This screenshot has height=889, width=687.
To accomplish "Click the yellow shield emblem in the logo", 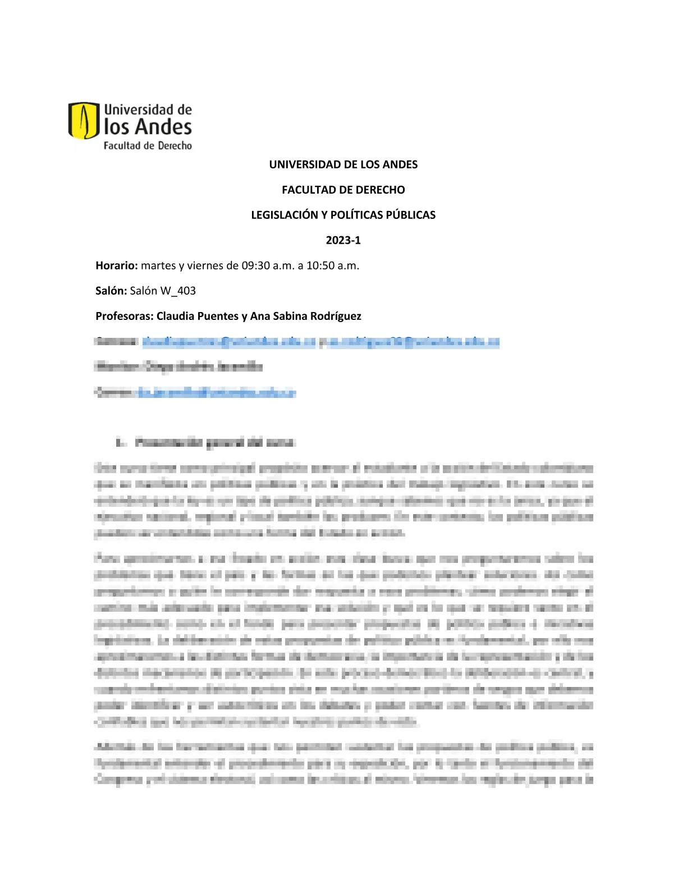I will pyautogui.click(x=84, y=120).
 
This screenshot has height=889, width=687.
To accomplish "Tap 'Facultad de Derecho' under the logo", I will pyautogui.click(x=148, y=146).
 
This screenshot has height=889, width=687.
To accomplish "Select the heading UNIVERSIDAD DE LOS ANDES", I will pyautogui.click(x=343, y=164).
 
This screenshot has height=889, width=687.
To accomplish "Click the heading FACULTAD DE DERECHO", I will pyautogui.click(x=343, y=190).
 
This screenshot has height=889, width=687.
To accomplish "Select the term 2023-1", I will pyautogui.click(x=343, y=240).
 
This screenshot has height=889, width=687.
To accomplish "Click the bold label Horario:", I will pyautogui.click(x=117, y=265).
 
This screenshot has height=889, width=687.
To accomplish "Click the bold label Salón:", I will pyautogui.click(x=111, y=291).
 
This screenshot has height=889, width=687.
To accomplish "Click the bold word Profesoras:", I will pyautogui.click(x=124, y=316).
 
